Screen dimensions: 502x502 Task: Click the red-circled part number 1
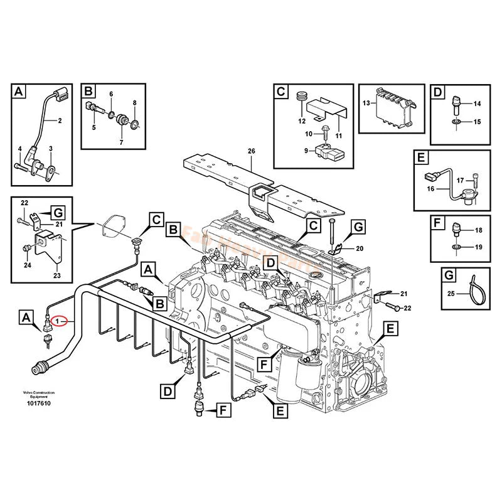tap(58, 321)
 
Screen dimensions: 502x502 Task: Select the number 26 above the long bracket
tap(252, 151)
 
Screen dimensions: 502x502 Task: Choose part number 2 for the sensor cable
tap(60, 120)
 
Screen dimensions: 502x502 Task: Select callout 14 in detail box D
tap(477, 104)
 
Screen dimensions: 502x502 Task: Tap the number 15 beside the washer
tap(477, 122)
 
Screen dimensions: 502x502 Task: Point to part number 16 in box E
tap(431, 188)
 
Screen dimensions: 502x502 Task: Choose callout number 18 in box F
tap(478, 231)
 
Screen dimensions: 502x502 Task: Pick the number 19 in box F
tap(478, 248)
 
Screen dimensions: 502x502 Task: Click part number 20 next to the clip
tap(360, 248)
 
